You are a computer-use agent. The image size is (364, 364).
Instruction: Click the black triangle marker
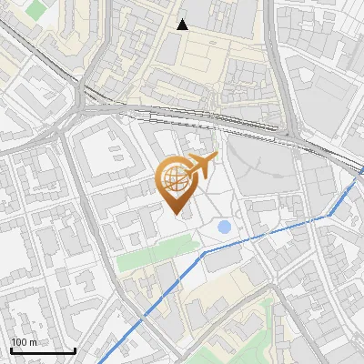pyautogui.click(x=183, y=25)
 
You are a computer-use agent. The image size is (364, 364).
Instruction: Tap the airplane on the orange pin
pyautogui.click(x=203, y=165)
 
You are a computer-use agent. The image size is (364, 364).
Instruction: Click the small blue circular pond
pyautogui.click(x=224, y=227)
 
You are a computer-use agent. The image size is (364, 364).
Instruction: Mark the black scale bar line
pyautogui.click(x=43, y=350)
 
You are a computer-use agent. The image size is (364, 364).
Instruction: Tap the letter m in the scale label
pyautogui.click(x=33, y=342)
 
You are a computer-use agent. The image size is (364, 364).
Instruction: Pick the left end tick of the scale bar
pyautogui.click(x=11, y=349)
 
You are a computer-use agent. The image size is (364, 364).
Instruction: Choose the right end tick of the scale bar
pyautogui.click(x=75, y=349)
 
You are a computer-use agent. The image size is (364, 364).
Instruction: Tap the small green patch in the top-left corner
pyautogui.click(x=36, y=9)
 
